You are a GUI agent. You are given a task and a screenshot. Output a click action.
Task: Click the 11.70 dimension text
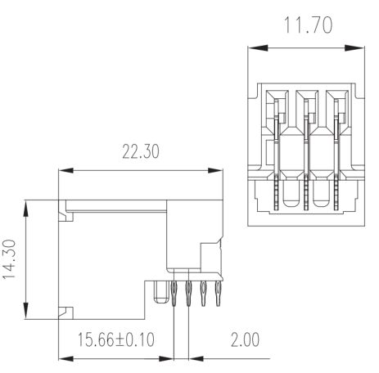[308, 25]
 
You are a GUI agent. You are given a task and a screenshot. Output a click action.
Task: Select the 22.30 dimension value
[141, 151]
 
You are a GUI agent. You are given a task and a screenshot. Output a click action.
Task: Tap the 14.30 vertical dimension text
[9, 259]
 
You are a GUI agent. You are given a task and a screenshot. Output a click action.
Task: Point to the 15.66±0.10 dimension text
[116, 339]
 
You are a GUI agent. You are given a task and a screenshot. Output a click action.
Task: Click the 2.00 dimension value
[246, 339]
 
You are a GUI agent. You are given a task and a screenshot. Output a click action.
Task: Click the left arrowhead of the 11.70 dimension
[258, 48]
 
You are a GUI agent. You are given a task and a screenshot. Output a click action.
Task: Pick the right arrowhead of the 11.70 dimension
[354, 48]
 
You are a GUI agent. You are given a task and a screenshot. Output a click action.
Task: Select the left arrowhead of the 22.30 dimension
[66, 170]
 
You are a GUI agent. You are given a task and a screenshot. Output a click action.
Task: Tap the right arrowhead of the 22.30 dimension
[215, 170]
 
